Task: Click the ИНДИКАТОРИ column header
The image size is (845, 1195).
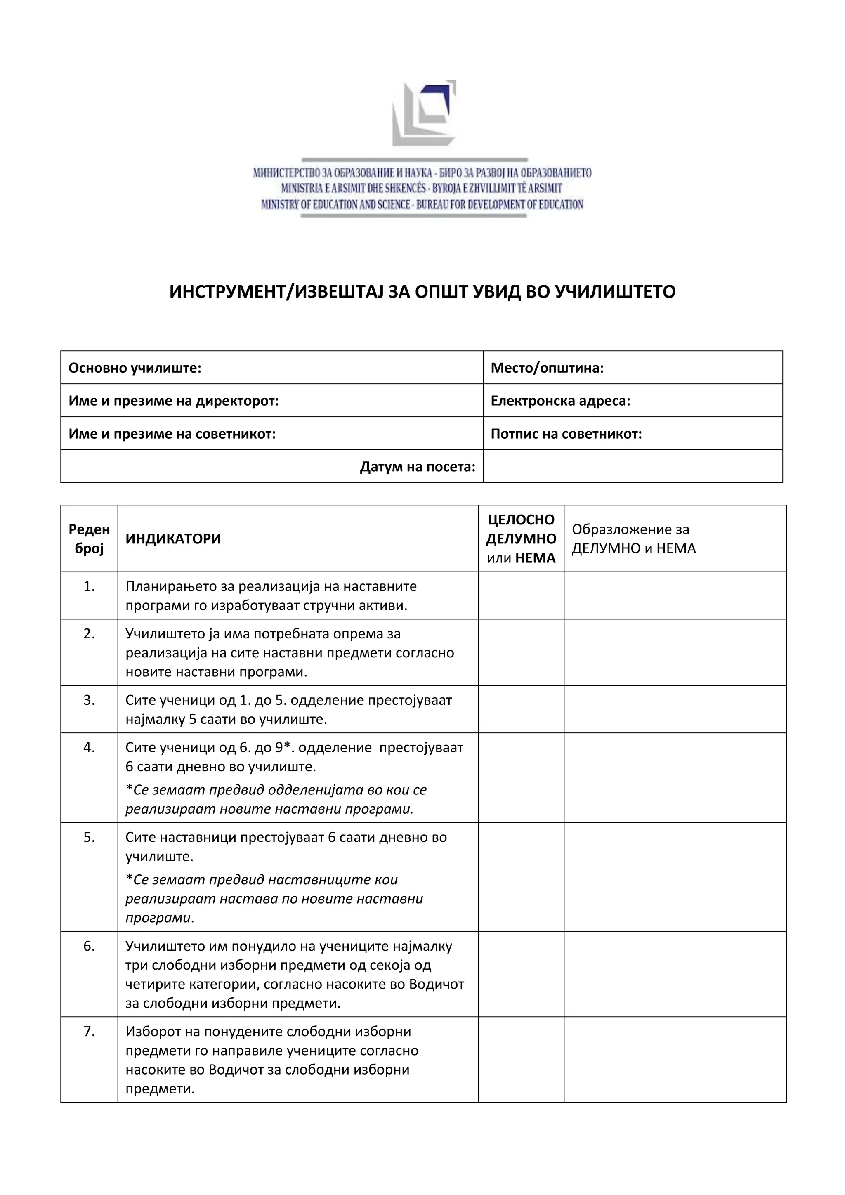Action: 173,538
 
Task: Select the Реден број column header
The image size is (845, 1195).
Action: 89,538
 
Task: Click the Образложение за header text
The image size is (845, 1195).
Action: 630,529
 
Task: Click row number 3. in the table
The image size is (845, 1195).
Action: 89,700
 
